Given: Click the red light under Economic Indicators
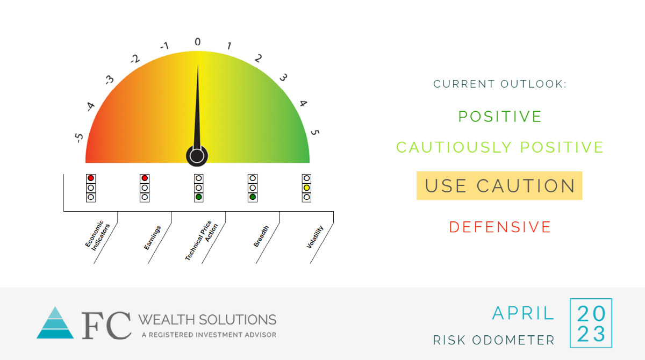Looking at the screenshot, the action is click(x=91, y=178).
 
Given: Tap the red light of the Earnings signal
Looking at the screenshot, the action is click(x=145, y=178).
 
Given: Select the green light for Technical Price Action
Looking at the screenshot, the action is click(x=199, y=197).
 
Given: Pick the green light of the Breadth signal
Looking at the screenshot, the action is click(x=253, y=197).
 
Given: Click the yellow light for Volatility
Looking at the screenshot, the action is click(x=307, y=188).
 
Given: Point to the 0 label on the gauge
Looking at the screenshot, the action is click(x=198, y=42).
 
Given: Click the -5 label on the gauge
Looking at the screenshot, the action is click(x=78, y=138).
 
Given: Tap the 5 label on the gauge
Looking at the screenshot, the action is click(x=315, y=132).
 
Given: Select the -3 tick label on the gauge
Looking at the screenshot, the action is click(x=109, y=80).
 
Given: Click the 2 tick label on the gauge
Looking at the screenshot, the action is click(x=258, y=59).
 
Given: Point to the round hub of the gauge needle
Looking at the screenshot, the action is click(x=197, y=156).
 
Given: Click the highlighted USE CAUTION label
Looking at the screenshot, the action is click(x=499, y=185).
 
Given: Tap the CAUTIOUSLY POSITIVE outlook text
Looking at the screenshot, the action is click(x=500, y=147).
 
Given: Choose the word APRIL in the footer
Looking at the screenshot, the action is click(x=523, y=313).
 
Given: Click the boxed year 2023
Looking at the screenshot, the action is click(x=591, y=323).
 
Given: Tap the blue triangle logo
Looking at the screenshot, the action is click(x=55, y=322).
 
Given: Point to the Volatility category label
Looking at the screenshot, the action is click(x=315, y=237).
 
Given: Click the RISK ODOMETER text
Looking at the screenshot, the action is click(x=494, y=340).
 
